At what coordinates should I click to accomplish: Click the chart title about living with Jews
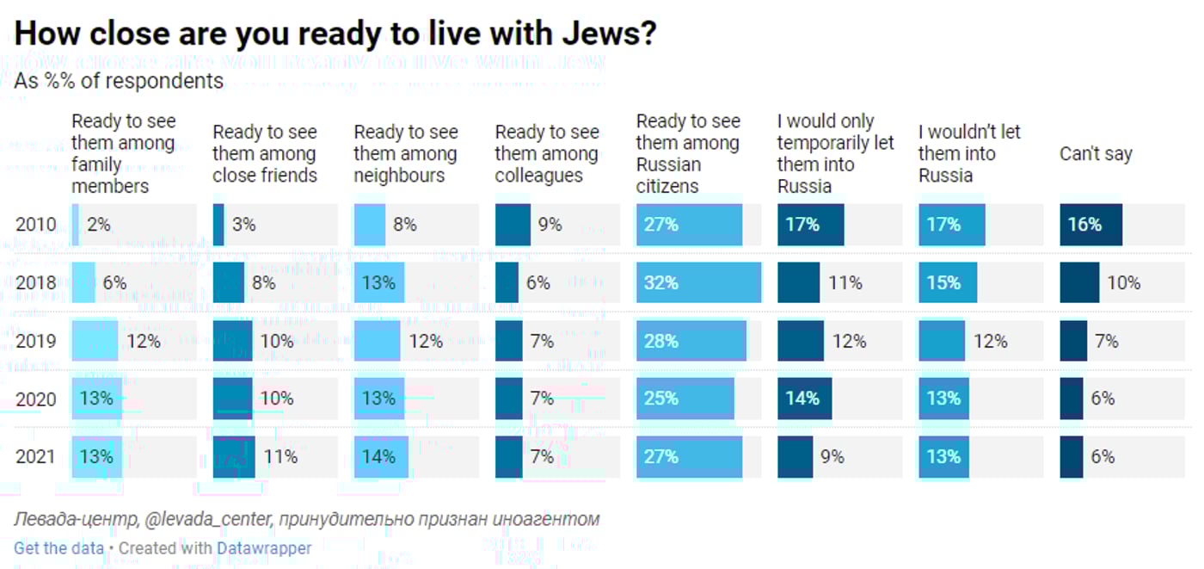[x=336, y=34]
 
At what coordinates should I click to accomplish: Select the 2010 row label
[x=36, y=225]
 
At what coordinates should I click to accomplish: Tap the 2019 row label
[x=36, y=341]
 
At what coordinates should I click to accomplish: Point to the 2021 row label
[x=36, y=456]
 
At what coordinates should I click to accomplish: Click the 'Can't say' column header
[x=1096, y=154]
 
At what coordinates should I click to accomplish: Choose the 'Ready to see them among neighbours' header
[x=406, y=154]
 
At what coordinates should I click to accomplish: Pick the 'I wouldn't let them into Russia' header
[x=969, y=154]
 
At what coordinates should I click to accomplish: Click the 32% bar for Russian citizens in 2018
[x=698, y=282]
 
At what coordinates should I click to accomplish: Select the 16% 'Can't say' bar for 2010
[x=1090, y=225]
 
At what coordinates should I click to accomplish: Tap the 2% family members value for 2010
[x=99, y=225]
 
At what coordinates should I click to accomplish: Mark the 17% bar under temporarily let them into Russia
[x=810, y=225]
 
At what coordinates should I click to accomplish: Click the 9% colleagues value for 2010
[x=550, y=225]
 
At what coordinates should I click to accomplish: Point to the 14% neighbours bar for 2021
[x=381, y=456]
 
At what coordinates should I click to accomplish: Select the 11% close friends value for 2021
[x=280, y=456]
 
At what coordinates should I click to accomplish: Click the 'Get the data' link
[x=58, y=548]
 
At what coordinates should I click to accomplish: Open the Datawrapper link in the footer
[x=264, y=548]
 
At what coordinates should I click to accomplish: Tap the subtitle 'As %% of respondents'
[x=119, y=81]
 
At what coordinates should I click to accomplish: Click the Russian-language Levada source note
[x=307, y=519]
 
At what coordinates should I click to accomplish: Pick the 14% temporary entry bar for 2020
[x=804, y=399]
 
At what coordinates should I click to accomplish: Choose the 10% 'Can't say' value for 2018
[x=1123, y=282]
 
